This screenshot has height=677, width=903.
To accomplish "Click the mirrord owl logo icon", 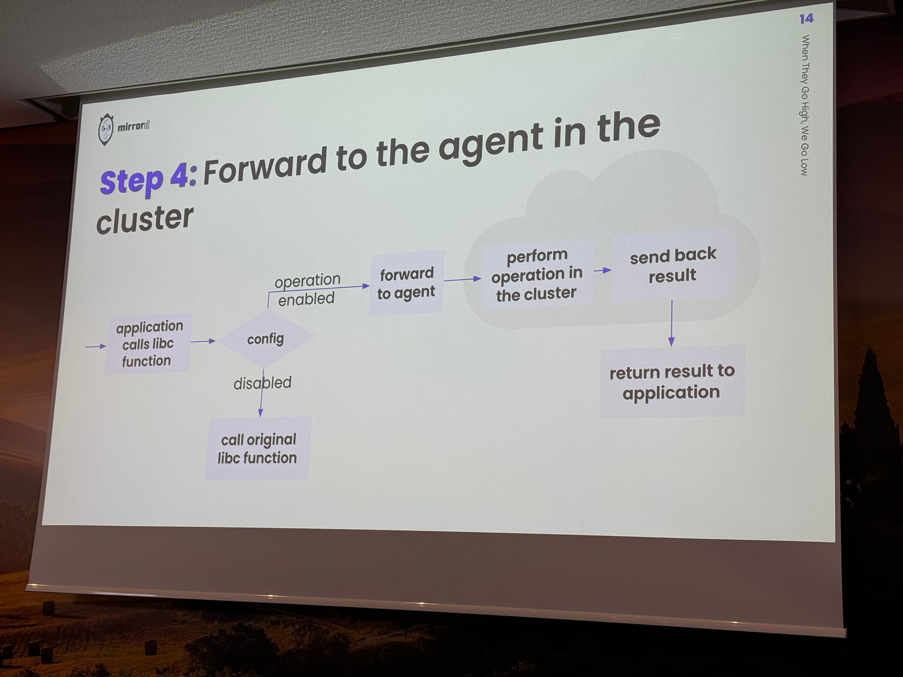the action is click(x=106, y=130).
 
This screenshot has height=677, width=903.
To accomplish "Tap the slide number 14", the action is click(x=806, y=19).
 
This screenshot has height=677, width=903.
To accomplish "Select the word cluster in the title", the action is click(x=144, y=219).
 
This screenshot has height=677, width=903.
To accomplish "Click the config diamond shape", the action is click(x=265, y=338).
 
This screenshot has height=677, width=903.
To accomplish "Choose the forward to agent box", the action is click(x=406, y=283).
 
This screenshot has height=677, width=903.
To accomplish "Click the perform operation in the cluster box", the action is click(x=536, y=275).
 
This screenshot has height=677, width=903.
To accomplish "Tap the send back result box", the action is click(x=673, y=265).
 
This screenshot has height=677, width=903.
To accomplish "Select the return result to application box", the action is click(x=671, y=382).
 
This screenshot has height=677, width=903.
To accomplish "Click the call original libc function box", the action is click(x=257, y=448).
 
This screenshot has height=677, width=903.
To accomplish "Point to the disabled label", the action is click(x=262, y=383).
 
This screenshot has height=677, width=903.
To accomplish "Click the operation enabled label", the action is click(x=307, y=289).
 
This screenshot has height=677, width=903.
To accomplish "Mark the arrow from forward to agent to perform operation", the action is click(x=462, y=279).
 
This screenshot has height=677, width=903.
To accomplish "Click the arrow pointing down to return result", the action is click(x=671, y=323).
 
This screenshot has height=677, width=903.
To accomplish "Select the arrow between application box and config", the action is click(x=203, y=341).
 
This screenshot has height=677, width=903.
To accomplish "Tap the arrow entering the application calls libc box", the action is click(x=95, y=346).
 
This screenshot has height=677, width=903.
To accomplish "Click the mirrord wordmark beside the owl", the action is click(x=133, y=126).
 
